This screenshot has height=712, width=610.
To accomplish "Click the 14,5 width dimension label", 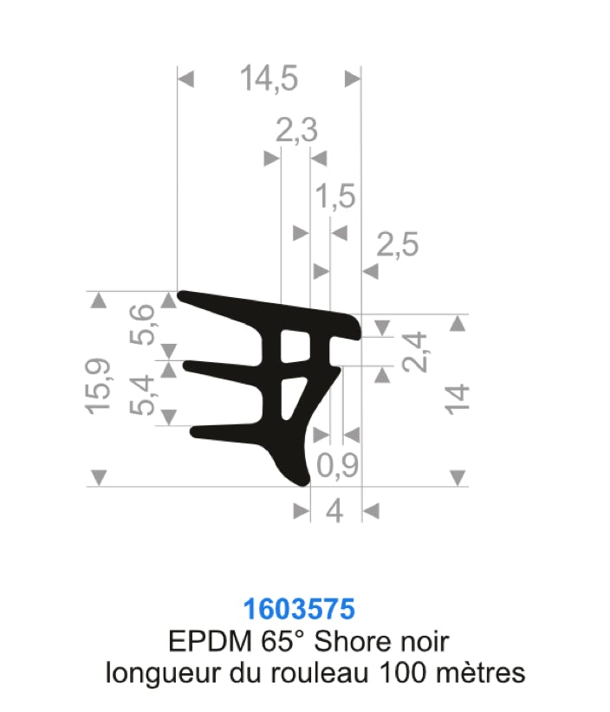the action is tap(269, 79).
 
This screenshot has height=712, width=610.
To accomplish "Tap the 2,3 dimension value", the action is tap(296, 130).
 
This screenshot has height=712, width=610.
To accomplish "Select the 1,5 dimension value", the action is tap(335, 196).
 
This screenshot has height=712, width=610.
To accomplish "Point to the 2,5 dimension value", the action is tap(398, 245).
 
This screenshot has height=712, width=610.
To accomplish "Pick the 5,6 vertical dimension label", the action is tap(142, 325).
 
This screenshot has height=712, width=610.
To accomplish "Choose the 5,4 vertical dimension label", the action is tap(142, 395).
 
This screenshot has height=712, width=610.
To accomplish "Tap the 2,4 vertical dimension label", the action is tap(415, 352).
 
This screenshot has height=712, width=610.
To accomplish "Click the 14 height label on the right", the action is tap(457, 399).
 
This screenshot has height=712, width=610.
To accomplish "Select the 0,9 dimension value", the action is tap(337, 465).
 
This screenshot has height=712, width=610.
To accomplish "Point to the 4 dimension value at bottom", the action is tap(334, 511).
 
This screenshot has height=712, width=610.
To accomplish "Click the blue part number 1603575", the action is tap(299, 609).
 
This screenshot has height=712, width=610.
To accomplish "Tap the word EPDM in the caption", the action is tap(210, 641).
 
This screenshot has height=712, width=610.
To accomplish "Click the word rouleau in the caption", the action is tap(320, 672).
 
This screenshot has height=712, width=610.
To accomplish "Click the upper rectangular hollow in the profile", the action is tap(295, 346).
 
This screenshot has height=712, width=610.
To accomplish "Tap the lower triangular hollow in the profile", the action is tap(292, 397).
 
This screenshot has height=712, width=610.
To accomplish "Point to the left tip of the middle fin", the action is tap(184, 365).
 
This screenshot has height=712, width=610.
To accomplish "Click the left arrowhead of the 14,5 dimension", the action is tap(185, 79).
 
